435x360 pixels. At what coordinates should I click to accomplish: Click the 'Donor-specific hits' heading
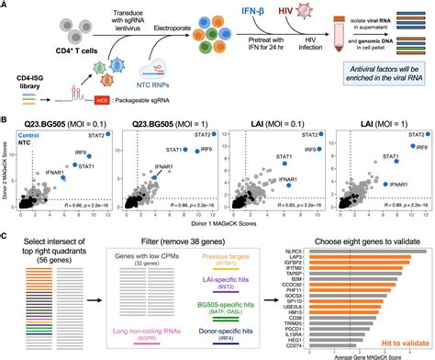click(x=231, y=323)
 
